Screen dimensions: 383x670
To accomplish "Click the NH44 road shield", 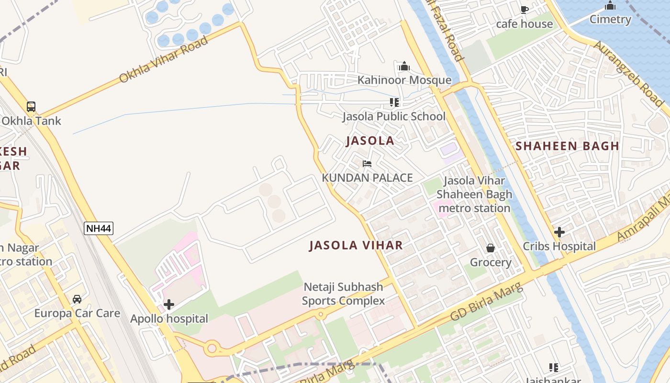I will click(99, 228).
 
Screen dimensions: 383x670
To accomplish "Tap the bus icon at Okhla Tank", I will click(31, 107).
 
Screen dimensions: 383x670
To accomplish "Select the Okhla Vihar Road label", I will click(163, 59).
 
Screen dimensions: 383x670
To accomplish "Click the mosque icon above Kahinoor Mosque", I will click(404, 66).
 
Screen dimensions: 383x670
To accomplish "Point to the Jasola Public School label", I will click(393, 116).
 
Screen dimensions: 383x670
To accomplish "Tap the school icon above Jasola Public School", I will click(394, 102).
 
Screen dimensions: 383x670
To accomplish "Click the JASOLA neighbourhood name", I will click(370, 141).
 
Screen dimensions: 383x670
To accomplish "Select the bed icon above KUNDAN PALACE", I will click(367, 164).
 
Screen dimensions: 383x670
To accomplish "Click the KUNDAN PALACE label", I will click(367, 178).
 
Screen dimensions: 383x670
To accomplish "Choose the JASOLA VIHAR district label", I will click(356, 246).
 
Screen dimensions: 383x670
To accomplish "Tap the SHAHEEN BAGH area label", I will click(567, 146).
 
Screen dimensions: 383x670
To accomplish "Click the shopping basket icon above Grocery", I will click(491, 248).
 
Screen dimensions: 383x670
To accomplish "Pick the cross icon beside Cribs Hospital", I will click(559, 233).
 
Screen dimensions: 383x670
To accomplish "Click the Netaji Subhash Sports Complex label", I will click(343, 294).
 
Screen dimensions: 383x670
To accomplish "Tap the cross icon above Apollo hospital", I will click(169, 304).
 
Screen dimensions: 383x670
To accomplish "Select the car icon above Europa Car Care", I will click(77, 299).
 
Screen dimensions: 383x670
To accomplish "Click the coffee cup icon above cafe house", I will click(525, 10).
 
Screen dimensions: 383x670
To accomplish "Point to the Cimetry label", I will click(610, 20).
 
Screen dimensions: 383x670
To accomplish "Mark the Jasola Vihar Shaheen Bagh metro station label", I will click(474, 194).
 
